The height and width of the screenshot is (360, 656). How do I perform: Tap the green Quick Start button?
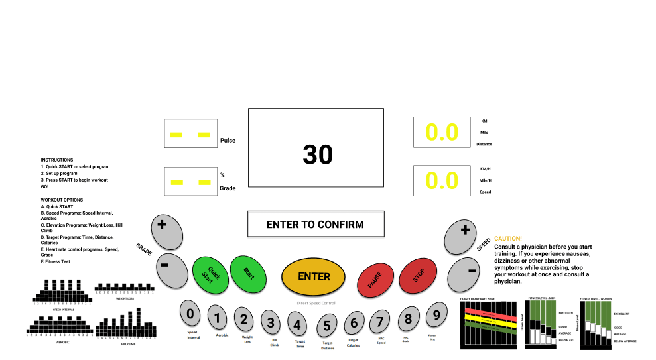coord(210,276)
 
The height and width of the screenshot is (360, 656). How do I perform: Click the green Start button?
coord(247,272)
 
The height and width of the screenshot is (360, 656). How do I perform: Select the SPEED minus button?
coord(470,272)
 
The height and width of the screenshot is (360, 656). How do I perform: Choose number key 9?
coord(436,316)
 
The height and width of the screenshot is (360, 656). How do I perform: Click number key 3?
coord(271,323)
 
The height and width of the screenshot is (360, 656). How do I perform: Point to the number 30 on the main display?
coord(318,154)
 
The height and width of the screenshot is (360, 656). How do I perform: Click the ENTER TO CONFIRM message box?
coord(315,224)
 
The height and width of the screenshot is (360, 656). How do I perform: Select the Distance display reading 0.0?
coord(442,133)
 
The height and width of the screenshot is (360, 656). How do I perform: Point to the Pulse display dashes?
coord(190,135)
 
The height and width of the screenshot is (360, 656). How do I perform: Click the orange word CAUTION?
coord(508,238)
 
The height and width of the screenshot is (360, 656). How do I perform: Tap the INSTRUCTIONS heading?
coord(57,160)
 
